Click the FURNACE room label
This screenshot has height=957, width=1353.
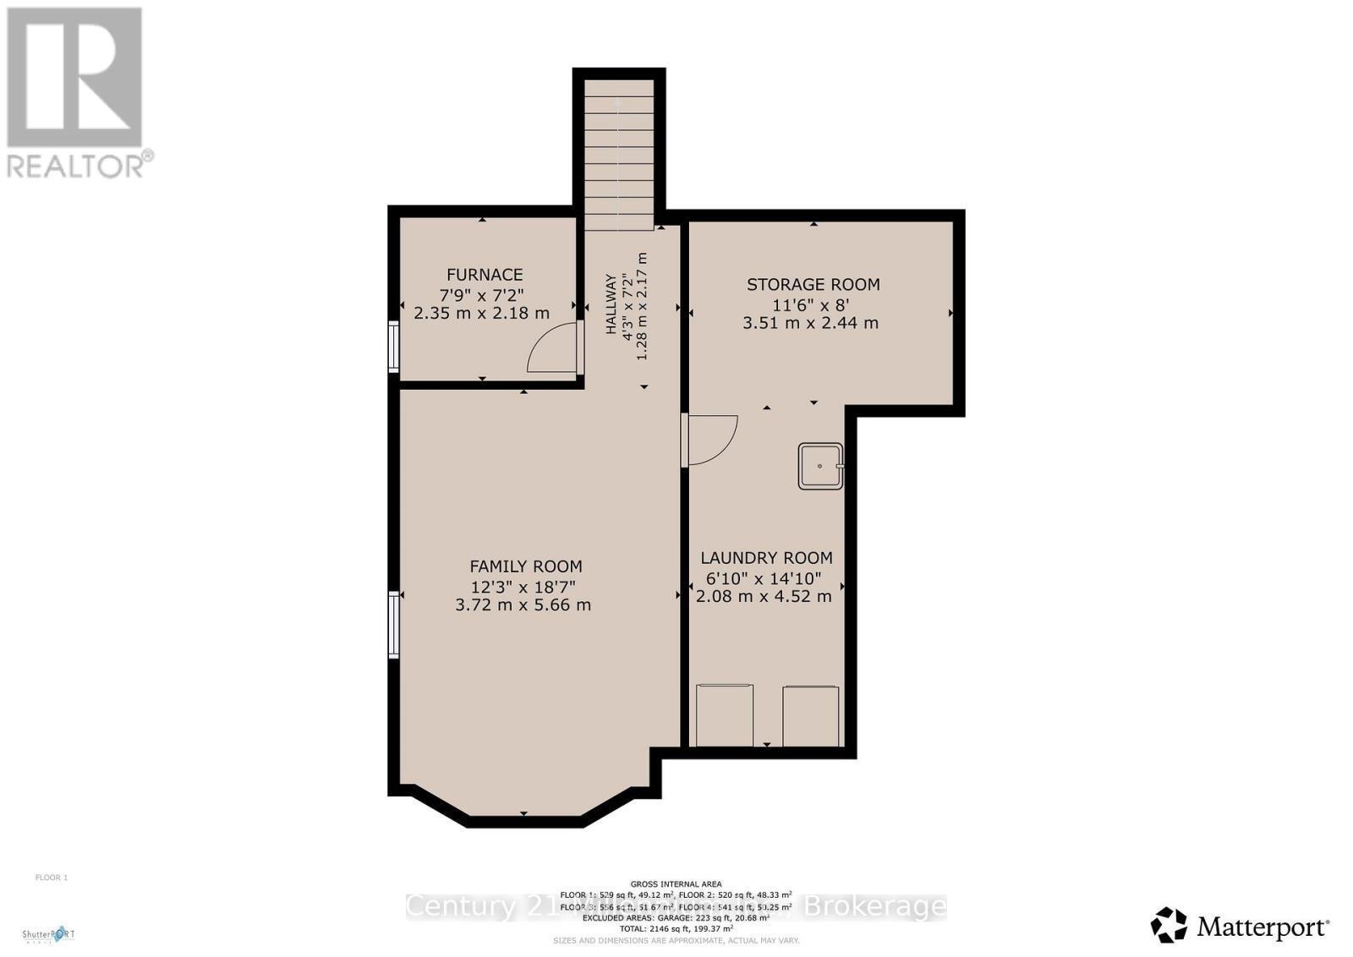[x=485, y=275]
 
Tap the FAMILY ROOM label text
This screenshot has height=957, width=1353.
[x=525, y=566]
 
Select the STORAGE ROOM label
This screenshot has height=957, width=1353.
[x=813, y=284]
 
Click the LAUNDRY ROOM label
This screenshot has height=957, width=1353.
[x=766, y=558]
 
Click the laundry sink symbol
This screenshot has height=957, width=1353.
[x=820, y=466]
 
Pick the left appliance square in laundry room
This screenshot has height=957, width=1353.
[x=725, y=715]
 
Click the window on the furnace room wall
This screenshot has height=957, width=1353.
[x=394, y=346]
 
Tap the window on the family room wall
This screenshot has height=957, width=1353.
[x=394, y=625]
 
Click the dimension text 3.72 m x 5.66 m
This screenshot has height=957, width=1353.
[x=523, y=605]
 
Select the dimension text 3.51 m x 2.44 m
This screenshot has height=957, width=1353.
[x=810, y=323]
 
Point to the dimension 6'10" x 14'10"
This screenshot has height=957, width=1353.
[x=764, y=578]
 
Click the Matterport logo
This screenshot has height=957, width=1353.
[x=1240, y=927]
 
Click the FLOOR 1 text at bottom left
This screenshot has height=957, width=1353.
[x=51, y=878]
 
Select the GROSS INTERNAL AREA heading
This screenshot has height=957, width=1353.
[x=676, y=883]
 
